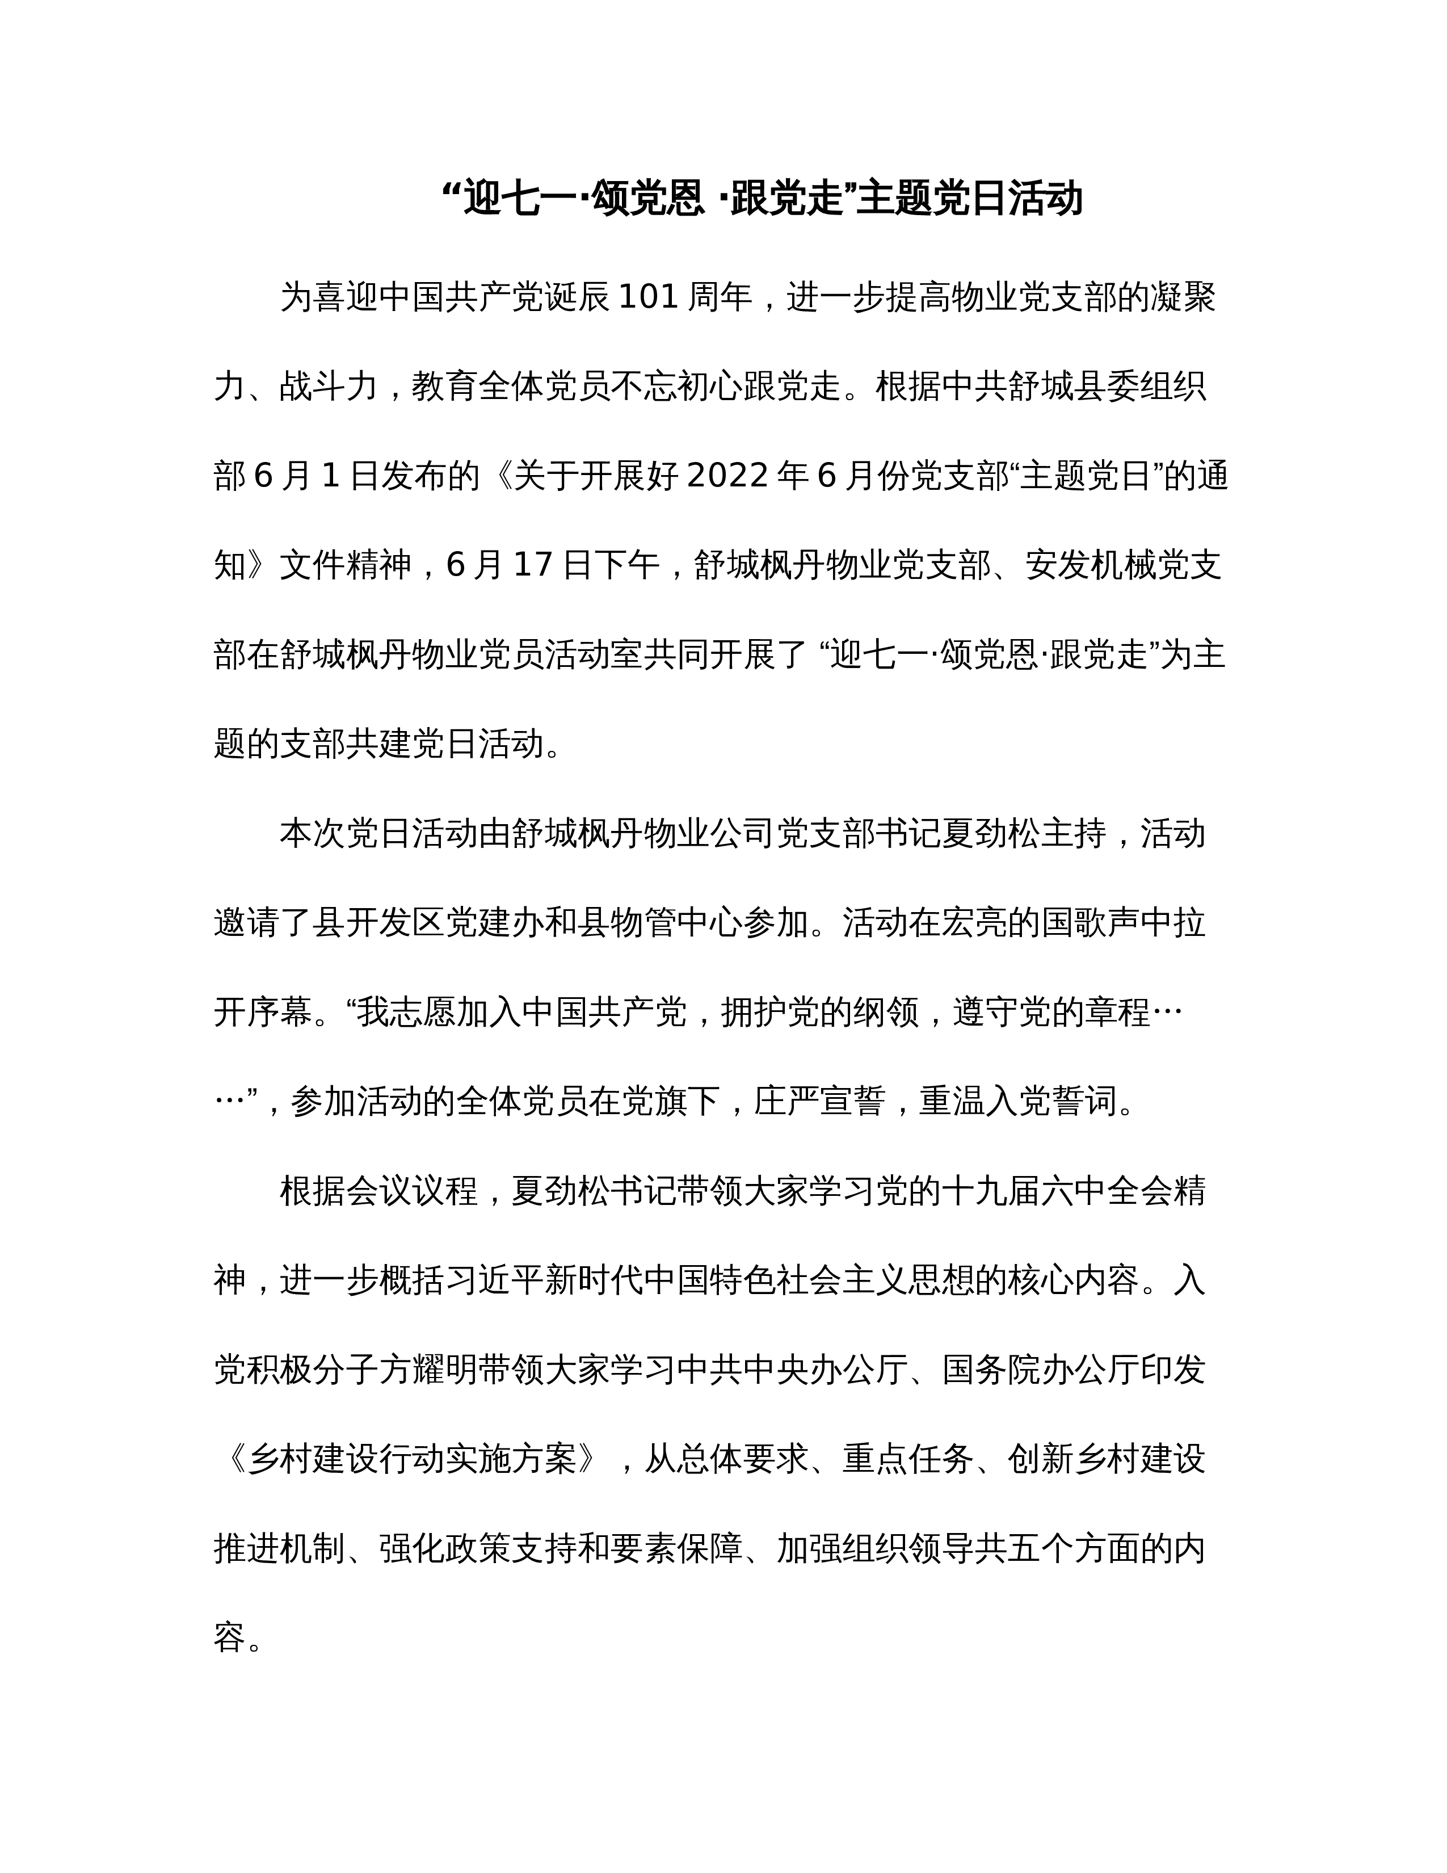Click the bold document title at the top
pyautogui.click(x=762, y=199)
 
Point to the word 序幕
pyautogui.click(x=279, y=1012)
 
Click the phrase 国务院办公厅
pyautogui.click(x=1024, y=1370)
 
